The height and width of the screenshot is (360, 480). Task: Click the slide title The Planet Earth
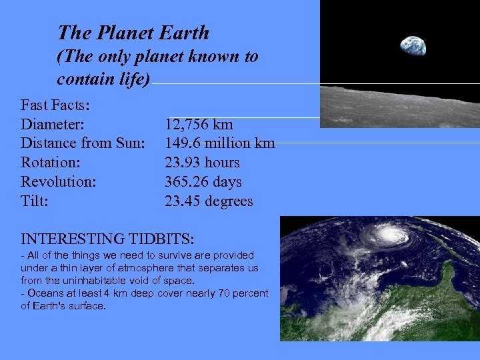133,33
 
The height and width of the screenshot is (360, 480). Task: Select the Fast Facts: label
56,105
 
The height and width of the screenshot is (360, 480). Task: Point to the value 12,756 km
199,124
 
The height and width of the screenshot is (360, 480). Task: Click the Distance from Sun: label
83,143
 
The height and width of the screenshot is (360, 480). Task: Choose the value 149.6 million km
219,143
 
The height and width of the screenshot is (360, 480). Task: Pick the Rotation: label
51,163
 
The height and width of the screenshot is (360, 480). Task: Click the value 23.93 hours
202,163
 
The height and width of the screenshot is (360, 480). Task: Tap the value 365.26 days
203,182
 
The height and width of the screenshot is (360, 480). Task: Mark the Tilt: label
35,201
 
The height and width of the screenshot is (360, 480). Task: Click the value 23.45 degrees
209,201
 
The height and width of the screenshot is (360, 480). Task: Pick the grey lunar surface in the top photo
400,107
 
